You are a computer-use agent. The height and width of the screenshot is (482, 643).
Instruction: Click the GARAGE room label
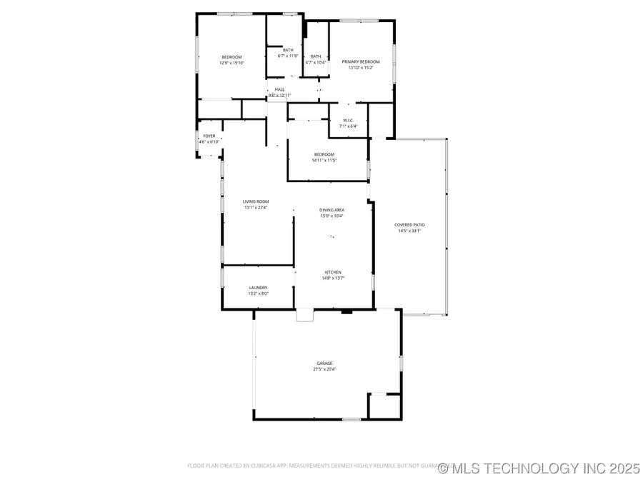click(324, 363)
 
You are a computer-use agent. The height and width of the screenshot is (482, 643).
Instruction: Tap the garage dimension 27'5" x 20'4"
click(324, 370)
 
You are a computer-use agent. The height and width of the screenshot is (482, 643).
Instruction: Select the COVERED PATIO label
click(409, 225)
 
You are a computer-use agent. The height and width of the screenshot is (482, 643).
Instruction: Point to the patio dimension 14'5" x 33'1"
click(409, 231)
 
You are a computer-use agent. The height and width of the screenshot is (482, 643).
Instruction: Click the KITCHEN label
click(333, 272)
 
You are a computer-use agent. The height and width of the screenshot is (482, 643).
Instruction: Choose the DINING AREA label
click(332, 210)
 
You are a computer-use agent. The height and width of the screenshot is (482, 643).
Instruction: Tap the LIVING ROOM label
click(255, 202)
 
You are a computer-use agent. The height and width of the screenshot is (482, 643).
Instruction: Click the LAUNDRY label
click(257, 288)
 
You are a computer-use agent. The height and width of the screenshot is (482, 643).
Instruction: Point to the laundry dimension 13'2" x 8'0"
click(257, 293)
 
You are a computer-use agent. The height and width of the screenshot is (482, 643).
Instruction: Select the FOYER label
click(209, 136)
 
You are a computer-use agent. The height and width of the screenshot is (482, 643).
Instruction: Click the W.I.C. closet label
click(349, 120)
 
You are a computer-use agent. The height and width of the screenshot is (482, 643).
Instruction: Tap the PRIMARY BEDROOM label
click(361, 62)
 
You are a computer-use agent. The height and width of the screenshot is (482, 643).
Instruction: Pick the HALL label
click(279, 89)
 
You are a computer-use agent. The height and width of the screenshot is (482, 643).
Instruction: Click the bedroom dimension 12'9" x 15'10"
click(231, 63)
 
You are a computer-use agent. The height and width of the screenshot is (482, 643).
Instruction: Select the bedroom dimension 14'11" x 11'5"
click(324, 160)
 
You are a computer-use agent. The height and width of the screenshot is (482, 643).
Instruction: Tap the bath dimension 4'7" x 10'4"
click(315, 62)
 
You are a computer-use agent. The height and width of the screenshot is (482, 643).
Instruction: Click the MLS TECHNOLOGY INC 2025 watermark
click(539, 468)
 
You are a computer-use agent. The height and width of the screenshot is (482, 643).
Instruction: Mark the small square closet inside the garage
click(383, 405)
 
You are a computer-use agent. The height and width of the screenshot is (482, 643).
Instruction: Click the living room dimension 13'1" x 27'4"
click(255, 208)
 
